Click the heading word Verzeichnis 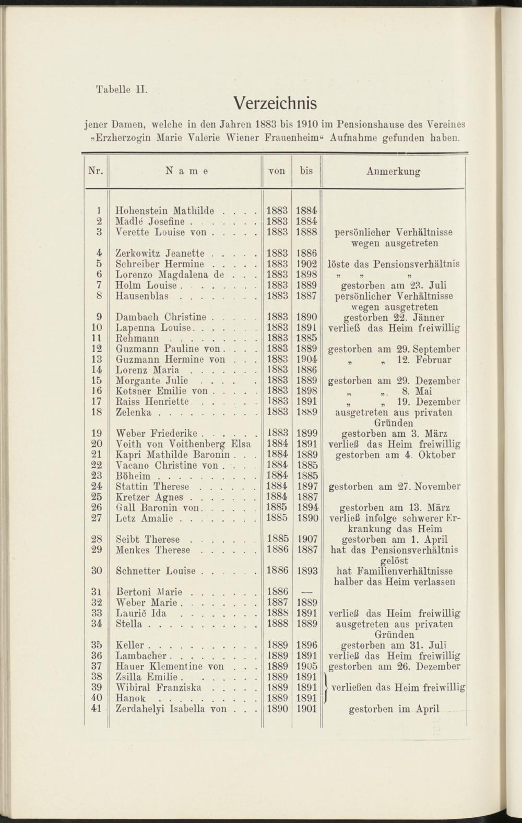click(x=275, y=103)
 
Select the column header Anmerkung click(x=394, y=171)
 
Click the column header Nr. click(x=96, y=171)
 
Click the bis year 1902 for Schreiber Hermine click(x=306, y=264)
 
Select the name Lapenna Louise click(x=155, y=328)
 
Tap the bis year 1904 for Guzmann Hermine click(x=306, y=360)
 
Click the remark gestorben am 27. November click(x=395, y=486)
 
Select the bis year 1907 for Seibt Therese click(x=306, y=539)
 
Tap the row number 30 click(x=97, y=571)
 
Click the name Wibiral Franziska click(x=159, y=687)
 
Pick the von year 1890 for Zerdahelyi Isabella click(x=277, y=709)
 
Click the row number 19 click(x=97, y=433)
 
